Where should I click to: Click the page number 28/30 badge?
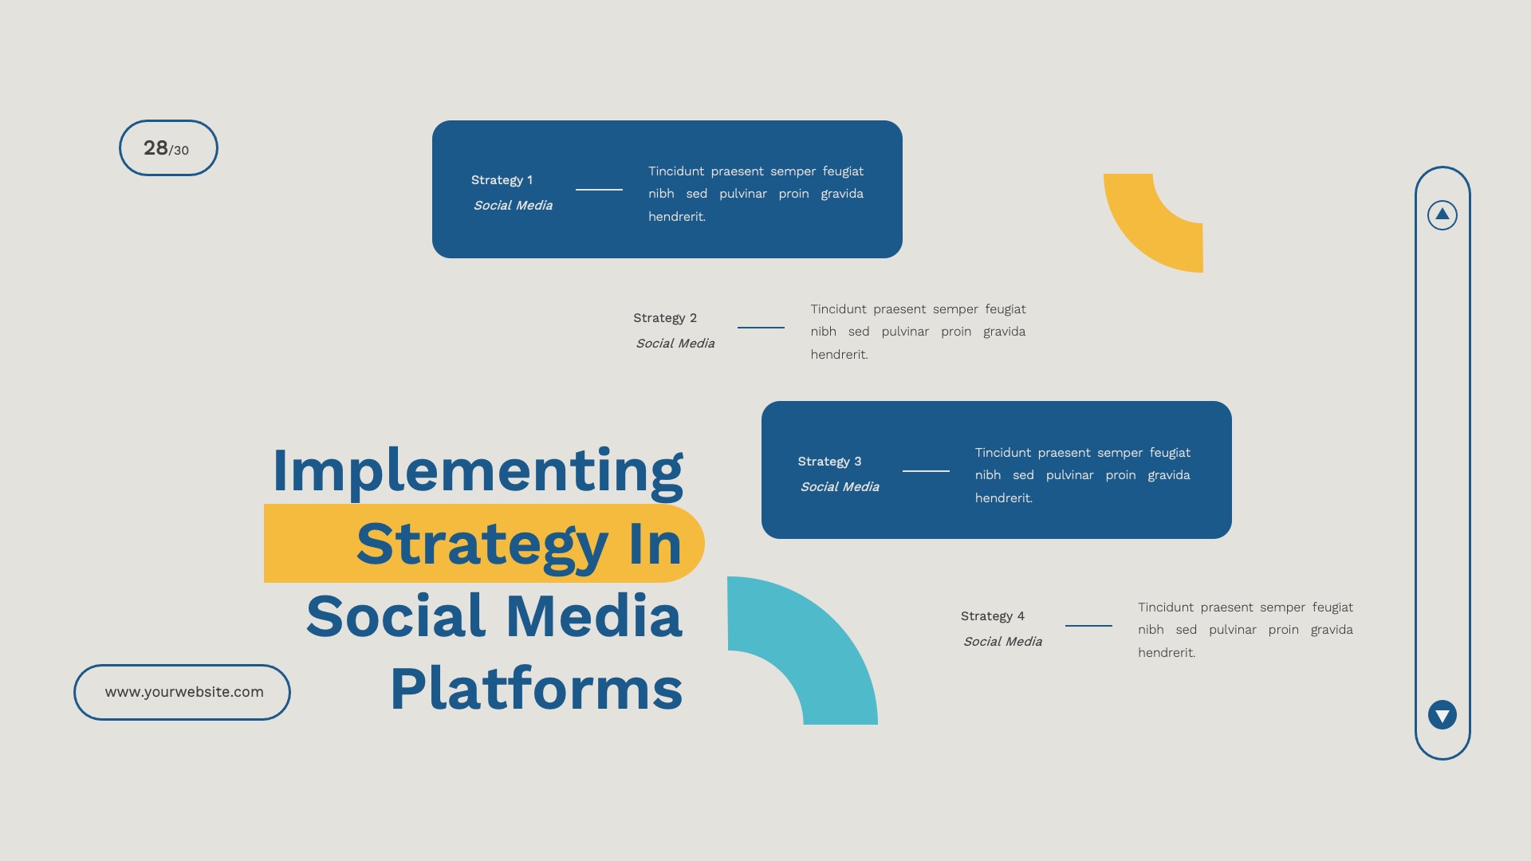167,148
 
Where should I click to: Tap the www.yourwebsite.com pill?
183,692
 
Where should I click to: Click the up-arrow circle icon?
1442,214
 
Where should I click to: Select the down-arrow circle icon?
1442,715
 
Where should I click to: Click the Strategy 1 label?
502,180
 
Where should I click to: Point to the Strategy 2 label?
664,318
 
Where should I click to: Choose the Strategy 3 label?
829,462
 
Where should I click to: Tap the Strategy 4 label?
992,616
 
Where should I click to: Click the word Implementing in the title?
477,470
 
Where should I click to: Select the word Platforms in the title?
536,689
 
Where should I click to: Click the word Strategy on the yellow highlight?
482,545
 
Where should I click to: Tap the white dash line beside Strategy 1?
599,190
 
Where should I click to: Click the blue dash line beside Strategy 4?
1088,626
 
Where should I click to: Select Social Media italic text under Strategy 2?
675,344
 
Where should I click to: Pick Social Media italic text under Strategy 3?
840,487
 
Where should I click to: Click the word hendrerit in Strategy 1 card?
676,217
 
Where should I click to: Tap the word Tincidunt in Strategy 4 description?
1165,607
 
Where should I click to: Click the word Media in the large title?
594,617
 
